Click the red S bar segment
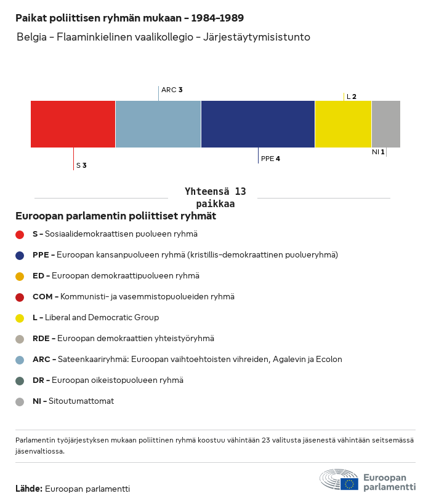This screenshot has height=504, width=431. tap(73, 124)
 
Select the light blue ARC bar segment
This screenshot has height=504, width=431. tap(158, 124)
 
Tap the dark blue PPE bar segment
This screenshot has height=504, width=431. tap(258, 124)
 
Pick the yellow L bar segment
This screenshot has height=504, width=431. tap(343, 124)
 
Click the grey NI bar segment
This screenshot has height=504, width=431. tap(386, 124)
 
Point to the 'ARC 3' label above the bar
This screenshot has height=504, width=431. tap(172, 90)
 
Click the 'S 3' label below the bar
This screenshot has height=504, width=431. tap(81, 165)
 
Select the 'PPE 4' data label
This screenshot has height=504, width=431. tap(270, 159)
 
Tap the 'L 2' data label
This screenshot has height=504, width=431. tap(351, 96)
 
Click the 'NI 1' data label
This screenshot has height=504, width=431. tap(378, 152)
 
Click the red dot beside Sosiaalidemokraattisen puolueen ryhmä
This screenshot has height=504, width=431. tap(20, 234)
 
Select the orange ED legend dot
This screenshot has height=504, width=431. tap(20, 276)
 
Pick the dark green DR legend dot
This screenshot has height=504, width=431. tap(20, 380)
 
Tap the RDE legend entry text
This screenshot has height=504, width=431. tap(123, 339)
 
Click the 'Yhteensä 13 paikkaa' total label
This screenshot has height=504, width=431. tap(216, 198)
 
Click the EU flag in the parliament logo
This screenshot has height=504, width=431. tap(349, 484)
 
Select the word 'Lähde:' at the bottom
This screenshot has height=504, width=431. tap(29, 489)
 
